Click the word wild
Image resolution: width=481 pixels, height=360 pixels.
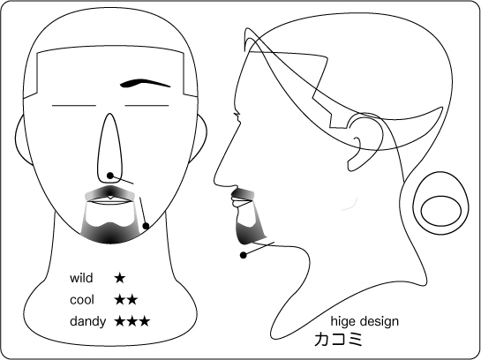pyautogui.click(x=81, y=278)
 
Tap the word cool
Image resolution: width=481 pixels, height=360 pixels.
pyautogui.click(x=81, y=300)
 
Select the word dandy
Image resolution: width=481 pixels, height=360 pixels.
pyautogui.click(x=87, y=322)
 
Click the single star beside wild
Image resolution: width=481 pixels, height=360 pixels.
pyautogui.click(x=120, y=278)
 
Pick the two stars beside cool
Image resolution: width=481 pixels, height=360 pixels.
pyautogui.click(x=126, y=300)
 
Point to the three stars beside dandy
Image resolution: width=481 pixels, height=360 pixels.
pyautogui.click(x=132, y=321)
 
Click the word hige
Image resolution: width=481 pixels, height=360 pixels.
pyautogui.click(x=343, y=322)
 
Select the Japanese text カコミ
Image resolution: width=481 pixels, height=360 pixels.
pyautogui.click(x=338, y=339)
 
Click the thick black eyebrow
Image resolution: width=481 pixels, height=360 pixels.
pyautogui.click(x=145, y=83)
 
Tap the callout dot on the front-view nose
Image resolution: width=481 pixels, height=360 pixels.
pyautogui.click(x=110, y=176)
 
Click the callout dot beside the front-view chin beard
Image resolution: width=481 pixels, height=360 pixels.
pyautogui.click(x=146, y=226)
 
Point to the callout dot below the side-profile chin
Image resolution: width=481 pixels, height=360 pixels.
pyautogui.click(x=244, y=255)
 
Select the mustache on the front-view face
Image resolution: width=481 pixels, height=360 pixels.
pyautogui.click(x=109, y=193)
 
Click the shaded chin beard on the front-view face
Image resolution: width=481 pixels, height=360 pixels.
pyautogui.click(x=111, y=232)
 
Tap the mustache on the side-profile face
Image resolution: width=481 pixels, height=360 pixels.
pyautogui.click(x=243, y=193)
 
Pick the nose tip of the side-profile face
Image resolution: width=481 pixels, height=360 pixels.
pyautogui.click(x=214, y=181)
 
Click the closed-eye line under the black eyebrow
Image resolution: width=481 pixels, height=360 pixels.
pyautogui.click(x=147, y=106)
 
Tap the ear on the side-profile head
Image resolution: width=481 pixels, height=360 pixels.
pyautogui.click(x=365, y=141)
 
